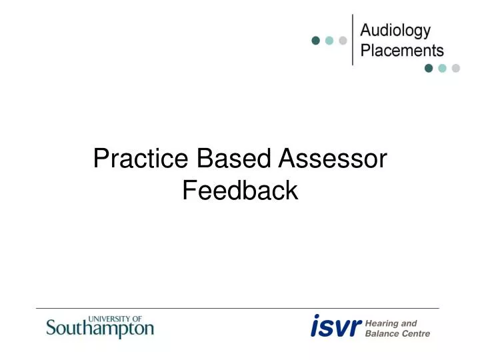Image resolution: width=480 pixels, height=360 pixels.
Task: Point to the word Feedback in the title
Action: (x=239, y=191)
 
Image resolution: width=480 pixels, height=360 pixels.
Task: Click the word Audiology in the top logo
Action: (x=395, y=31)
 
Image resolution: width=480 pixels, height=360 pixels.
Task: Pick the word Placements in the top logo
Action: (x=401, y=50)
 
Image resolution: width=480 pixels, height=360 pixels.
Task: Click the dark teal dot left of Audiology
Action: (x=315, y=40)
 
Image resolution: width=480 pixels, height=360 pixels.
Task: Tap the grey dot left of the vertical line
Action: (x=343, y=40)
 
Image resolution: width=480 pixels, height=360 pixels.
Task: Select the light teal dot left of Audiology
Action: (x=329, y=40)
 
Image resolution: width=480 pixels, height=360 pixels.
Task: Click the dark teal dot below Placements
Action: (x=429, y=68)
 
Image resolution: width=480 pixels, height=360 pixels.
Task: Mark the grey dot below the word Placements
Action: (x=456, y=68)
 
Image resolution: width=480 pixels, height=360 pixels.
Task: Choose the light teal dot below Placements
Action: (x=442, y=68)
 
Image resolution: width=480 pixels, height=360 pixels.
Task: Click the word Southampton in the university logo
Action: (x=100, y=329)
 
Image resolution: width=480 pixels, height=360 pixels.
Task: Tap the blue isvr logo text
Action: (x=336, y=327)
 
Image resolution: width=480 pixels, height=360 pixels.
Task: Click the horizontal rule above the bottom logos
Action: (x=237, y=308)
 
